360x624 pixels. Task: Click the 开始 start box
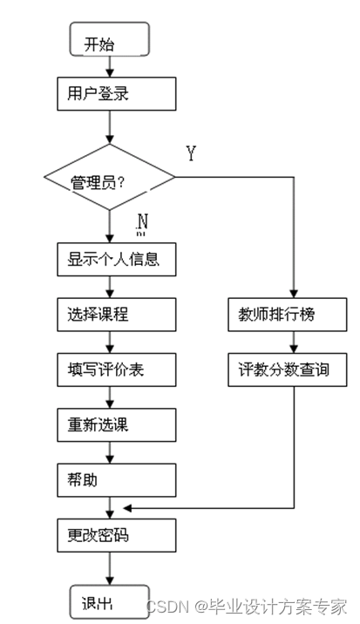(111, 43)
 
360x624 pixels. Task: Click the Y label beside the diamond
(191, 153)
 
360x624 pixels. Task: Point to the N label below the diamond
(142, 224)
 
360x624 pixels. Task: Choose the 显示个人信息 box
(111, 259)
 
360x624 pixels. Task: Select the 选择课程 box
(111, 314)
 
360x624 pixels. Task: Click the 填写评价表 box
(111, 369)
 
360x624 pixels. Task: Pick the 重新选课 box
(111, 424)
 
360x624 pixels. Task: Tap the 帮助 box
(111, 479)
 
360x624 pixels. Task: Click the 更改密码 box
(111, 535)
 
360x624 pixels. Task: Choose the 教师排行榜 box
(294, 314)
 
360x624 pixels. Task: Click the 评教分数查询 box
(294, 370)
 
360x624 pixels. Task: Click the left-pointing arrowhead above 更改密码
(128, 507)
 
